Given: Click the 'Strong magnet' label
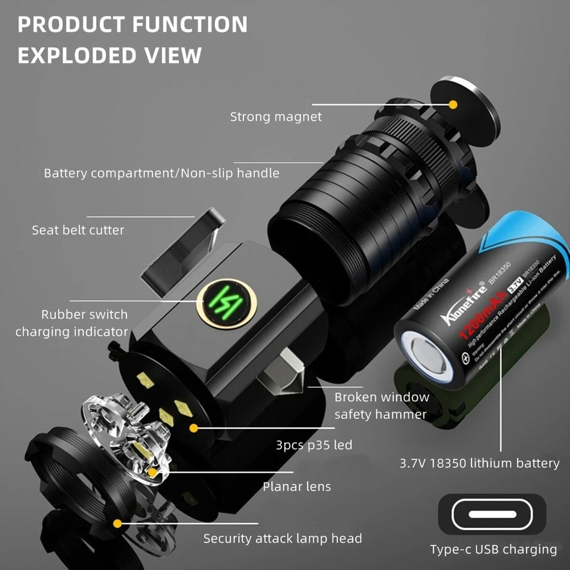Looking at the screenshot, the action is point(275,117).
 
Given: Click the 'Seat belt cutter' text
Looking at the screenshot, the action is point(78,230).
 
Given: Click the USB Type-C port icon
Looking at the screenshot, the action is point(492,514).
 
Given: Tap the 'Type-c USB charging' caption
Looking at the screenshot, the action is point(493,550).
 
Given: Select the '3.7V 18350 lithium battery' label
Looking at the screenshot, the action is point(480,463).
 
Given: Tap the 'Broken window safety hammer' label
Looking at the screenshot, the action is point(381,406).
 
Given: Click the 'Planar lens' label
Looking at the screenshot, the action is point(297,487).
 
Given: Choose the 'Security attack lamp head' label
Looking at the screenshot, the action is point(283,539).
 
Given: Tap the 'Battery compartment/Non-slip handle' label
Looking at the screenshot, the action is point(161,173).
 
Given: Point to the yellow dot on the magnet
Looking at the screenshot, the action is point(453,104).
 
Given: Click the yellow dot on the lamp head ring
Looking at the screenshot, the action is point(118,523).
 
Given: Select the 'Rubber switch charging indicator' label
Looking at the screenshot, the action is point(72,323).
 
